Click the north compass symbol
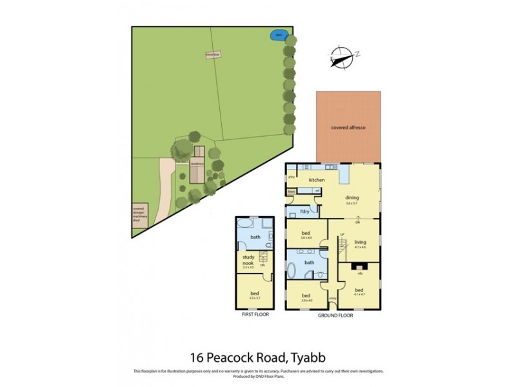tap(342, 57)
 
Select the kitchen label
tap(316, 179)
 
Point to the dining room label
tap(352, 198)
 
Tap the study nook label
tap(246, 262)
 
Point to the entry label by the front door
tap(333, 299)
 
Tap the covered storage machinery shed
tap(137, 213)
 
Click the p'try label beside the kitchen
tap(292, 175)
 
